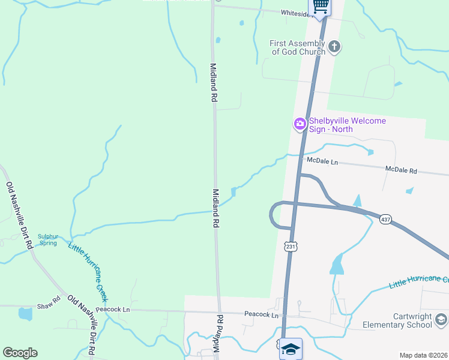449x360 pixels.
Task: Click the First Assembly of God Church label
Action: pos(297,47)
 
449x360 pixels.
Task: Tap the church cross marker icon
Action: pos(335,46)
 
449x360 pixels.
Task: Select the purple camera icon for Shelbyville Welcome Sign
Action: pos(300,124)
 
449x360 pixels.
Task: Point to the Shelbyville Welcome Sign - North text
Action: pos(348,124)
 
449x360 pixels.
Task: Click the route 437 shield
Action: pos(385,220)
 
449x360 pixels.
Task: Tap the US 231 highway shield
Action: pos(291,246)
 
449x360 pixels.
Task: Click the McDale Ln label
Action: pos(322,162)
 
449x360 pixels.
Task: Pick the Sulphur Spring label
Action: pos(48,239)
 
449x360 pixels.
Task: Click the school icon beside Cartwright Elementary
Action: pos(442,320)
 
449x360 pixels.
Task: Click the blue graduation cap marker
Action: pos(291,349)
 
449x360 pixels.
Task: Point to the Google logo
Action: pos(20,353)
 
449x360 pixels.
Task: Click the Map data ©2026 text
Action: pos(423,355)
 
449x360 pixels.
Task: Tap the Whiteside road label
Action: pos(297,13)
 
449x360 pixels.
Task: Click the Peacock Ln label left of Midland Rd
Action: pos(113,310)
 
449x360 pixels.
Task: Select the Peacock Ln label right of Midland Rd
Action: pos(261,314)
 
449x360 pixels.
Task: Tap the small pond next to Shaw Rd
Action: pos(25,314)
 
